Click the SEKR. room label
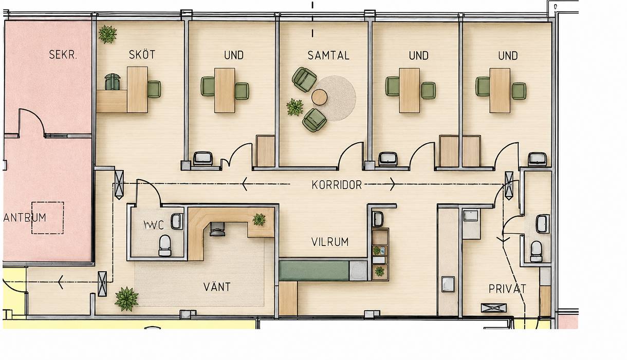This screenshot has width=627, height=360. [x=63, y=54]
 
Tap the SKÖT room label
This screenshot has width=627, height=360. [x=142, y=54]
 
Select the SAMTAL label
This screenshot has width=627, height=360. [x=328, y=55]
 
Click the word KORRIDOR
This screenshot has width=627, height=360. [x=337, y=185]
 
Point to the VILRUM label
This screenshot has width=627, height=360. [x=330, y=242]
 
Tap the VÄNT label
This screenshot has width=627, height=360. [x=217, y=287]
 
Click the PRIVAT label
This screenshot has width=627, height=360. [x=507, y=289]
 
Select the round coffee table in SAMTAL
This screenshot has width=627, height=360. [x=319, y=97]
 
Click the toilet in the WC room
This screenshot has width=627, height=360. [x=165, y=245]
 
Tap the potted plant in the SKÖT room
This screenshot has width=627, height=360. [x=107, y=34]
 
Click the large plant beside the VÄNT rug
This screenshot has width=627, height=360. [x=126, y=299]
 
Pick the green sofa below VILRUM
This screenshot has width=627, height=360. [x=314, y=271]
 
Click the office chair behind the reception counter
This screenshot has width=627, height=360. [x=217, y=229]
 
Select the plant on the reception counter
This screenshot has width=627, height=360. [x=259, y=220]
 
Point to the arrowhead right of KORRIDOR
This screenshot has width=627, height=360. [x=393, y=184]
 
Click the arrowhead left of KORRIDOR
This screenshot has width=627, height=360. [x=245, y=184]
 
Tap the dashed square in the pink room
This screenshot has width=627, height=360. [x=48, y=218]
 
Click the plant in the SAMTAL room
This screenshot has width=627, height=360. [x=295, y=107]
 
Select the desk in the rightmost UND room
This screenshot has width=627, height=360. [x=500, y=90]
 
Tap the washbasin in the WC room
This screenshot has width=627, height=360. [x=177, y=221]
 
